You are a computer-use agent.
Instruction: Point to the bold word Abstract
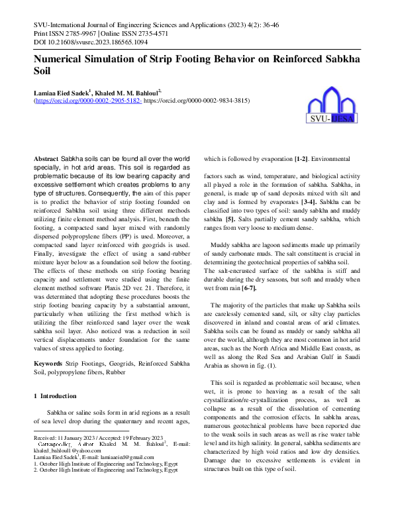[x=46, y=160]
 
